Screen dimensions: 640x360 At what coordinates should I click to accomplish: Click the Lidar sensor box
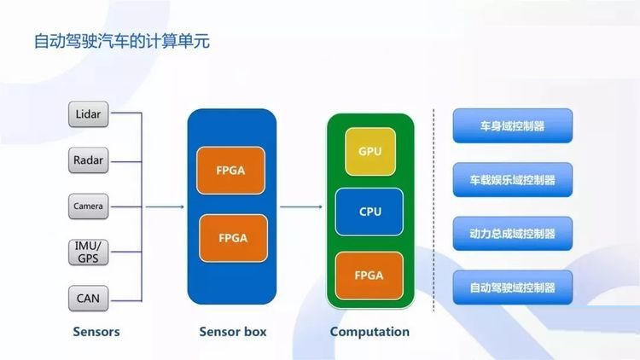pos(88,114)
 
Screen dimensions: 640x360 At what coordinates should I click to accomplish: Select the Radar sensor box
pos(88,160)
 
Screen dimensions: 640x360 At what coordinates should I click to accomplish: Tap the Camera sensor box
pos(88,206)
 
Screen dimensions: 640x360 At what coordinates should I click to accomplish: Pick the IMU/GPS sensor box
pos(88,253)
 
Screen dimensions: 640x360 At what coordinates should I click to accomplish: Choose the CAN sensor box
pos(88,299)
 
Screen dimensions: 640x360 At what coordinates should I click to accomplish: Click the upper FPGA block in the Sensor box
pos(230,171)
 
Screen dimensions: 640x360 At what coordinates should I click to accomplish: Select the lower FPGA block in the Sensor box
pos(233,238)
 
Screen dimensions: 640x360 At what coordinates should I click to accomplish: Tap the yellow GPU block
pos(370,152)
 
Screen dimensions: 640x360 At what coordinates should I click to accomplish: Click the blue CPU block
pos(369,212)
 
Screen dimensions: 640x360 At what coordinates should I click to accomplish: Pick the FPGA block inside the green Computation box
pos(369,276)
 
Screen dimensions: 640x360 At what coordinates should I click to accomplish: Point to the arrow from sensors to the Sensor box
pos(165,207)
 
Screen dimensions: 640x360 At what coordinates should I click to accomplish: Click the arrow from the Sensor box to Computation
pos(301,207)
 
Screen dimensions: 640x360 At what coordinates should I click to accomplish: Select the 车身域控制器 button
pos(513,125)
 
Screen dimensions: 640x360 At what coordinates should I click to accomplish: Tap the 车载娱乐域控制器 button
pos(513,180)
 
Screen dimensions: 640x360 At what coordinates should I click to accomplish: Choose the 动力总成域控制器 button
pos(513,234)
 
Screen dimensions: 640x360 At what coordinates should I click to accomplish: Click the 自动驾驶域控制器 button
pos(513,287)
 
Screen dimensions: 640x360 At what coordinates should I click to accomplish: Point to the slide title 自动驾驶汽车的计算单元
pos(122,41)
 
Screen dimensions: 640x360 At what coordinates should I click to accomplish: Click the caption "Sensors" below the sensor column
pos(96,332)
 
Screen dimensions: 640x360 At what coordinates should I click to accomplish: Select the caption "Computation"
pos(369,332)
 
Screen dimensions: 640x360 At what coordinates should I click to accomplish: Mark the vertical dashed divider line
pos(433,211)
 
